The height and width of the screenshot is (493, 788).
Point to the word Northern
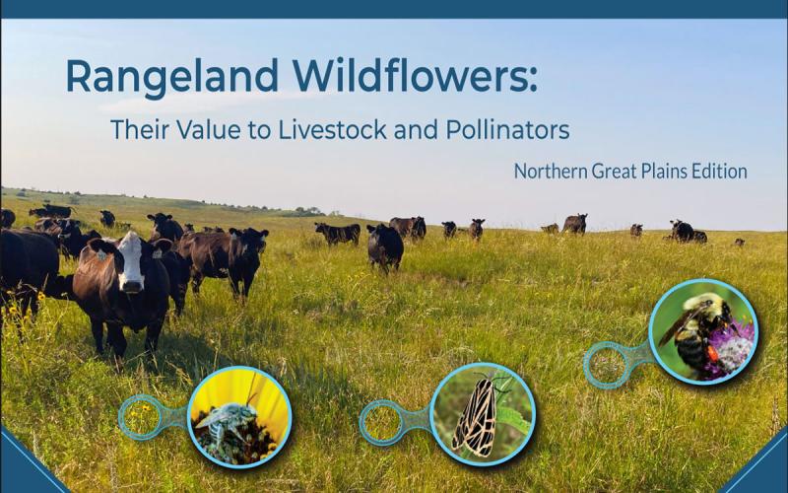pos(551,172)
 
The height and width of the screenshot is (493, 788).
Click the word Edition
pos(717,172)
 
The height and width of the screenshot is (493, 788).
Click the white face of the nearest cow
pos(131,262)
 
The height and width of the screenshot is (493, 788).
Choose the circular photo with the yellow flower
pos(239,416)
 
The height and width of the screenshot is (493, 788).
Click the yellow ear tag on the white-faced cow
pos(101,254)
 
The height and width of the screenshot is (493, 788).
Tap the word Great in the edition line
pos(611,172)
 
